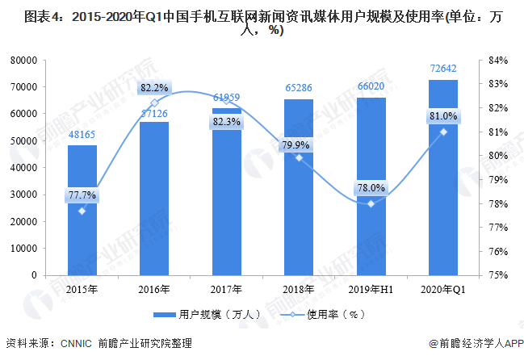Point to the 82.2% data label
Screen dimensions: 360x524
tap(154, 87)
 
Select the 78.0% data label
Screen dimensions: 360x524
tap(371, 188)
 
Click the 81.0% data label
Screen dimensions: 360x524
tap(443, 116)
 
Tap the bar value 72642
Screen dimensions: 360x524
tap(443, 70)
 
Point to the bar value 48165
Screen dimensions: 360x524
tap(82, 136)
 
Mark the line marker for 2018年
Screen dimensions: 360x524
tap(299, 157)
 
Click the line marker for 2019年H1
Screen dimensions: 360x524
tap(371, 203)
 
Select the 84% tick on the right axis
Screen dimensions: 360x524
tap(497, 61)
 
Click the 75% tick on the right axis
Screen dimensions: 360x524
tap(497, 275)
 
